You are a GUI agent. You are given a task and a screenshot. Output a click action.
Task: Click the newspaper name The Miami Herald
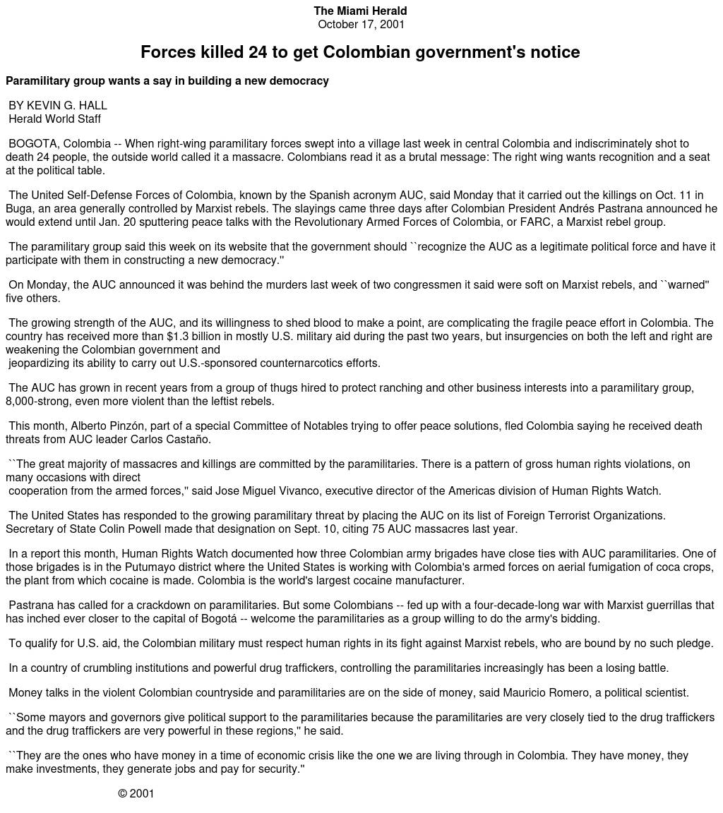(x=360, y=11)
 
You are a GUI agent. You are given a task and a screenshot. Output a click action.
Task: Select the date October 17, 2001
(x=361, y=25)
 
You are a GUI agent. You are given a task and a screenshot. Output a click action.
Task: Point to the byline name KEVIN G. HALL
(x=67, y=106)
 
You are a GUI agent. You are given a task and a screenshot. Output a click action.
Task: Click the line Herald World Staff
(x=54, y=119)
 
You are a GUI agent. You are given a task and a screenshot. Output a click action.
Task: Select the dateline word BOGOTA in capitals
(x=32, y=144)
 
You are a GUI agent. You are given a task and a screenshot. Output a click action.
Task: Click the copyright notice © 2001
(x=136, y=794)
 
